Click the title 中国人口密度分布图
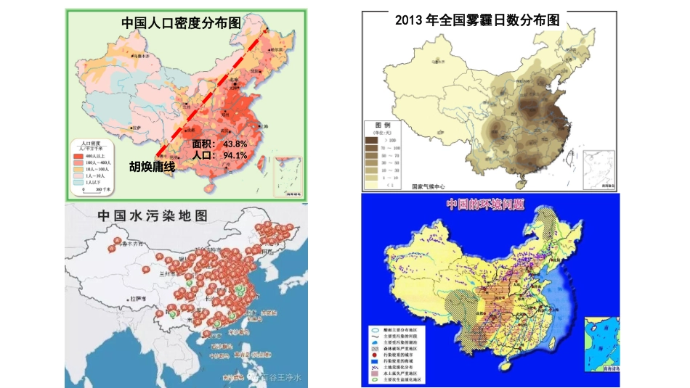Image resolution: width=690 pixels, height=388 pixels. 181,22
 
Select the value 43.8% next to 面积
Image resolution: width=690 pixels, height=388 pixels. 235,144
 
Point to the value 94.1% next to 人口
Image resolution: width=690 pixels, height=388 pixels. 235,155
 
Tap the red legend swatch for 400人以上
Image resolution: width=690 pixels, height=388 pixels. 78,156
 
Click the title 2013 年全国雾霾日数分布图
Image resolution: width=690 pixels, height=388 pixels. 476,20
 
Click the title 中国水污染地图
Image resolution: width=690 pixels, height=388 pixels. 153,216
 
